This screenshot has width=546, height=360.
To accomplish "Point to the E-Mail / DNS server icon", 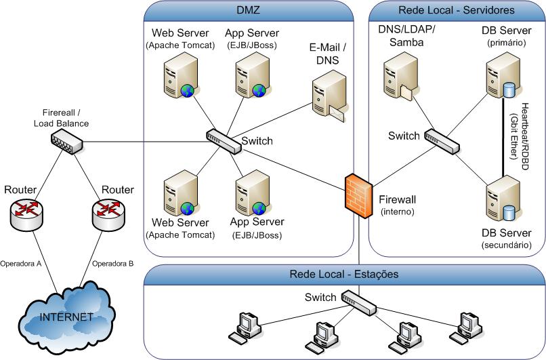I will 329,98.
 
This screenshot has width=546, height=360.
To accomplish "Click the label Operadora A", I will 22,263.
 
